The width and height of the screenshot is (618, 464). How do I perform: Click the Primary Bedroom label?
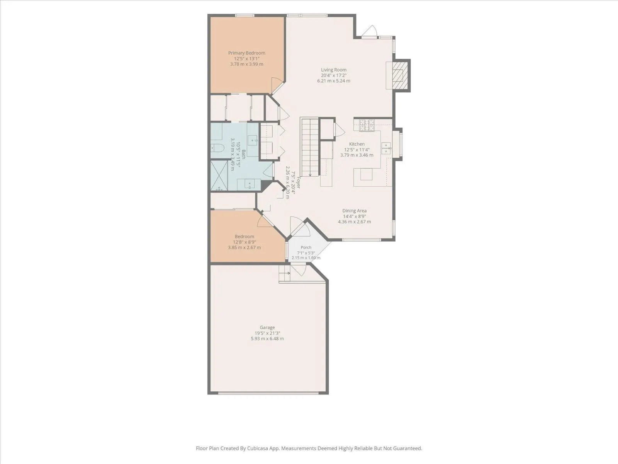pos(247,53)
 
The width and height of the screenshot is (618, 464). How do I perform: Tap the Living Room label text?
pos(334,70)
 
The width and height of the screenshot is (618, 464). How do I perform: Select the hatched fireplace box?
pos(400,75)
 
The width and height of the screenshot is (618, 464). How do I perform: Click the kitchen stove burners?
pos(367,125)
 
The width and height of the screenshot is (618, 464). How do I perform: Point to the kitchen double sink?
pos(386,148)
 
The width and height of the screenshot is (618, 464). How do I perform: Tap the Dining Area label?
pos(355,211)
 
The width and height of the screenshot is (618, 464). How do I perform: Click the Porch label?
pos(306,247)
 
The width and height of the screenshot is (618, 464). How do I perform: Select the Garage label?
pos(267,328)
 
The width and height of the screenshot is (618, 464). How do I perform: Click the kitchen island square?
pos(366,174)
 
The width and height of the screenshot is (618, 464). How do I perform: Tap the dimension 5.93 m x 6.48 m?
pos(267,339)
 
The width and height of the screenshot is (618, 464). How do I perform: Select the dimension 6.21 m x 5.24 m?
pos(334,81)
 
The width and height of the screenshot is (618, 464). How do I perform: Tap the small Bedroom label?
pos(244,237)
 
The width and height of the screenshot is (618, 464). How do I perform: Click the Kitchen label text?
pos(357,144)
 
